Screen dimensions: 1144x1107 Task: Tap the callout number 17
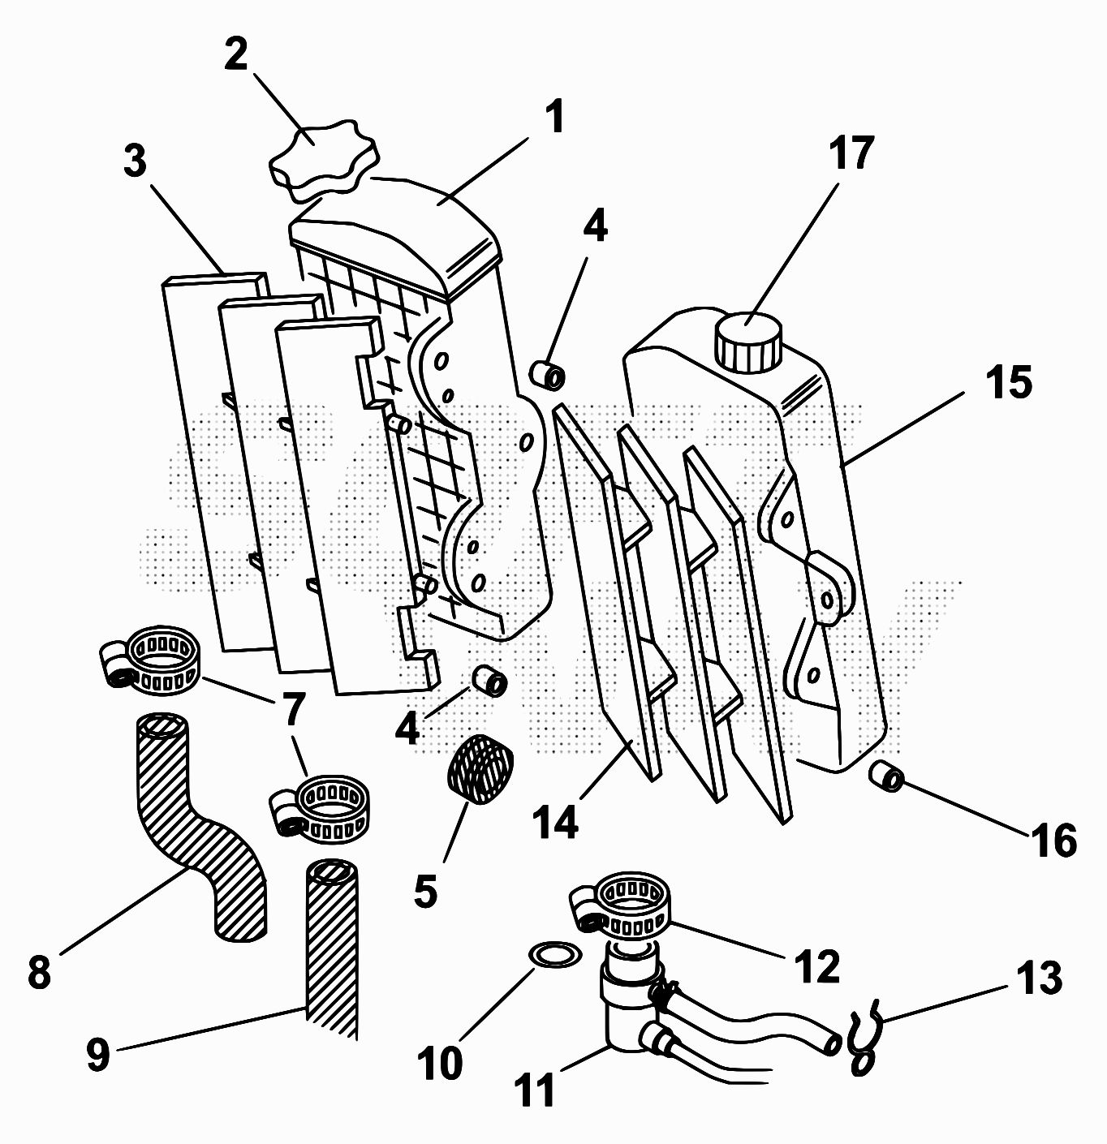pos(851,153)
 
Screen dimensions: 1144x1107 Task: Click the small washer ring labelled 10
pos(554,955)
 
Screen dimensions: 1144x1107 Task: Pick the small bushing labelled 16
pos(889,777)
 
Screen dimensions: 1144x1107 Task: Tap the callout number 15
pos(1009,381)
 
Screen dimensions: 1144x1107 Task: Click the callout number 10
pos(440,1063)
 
